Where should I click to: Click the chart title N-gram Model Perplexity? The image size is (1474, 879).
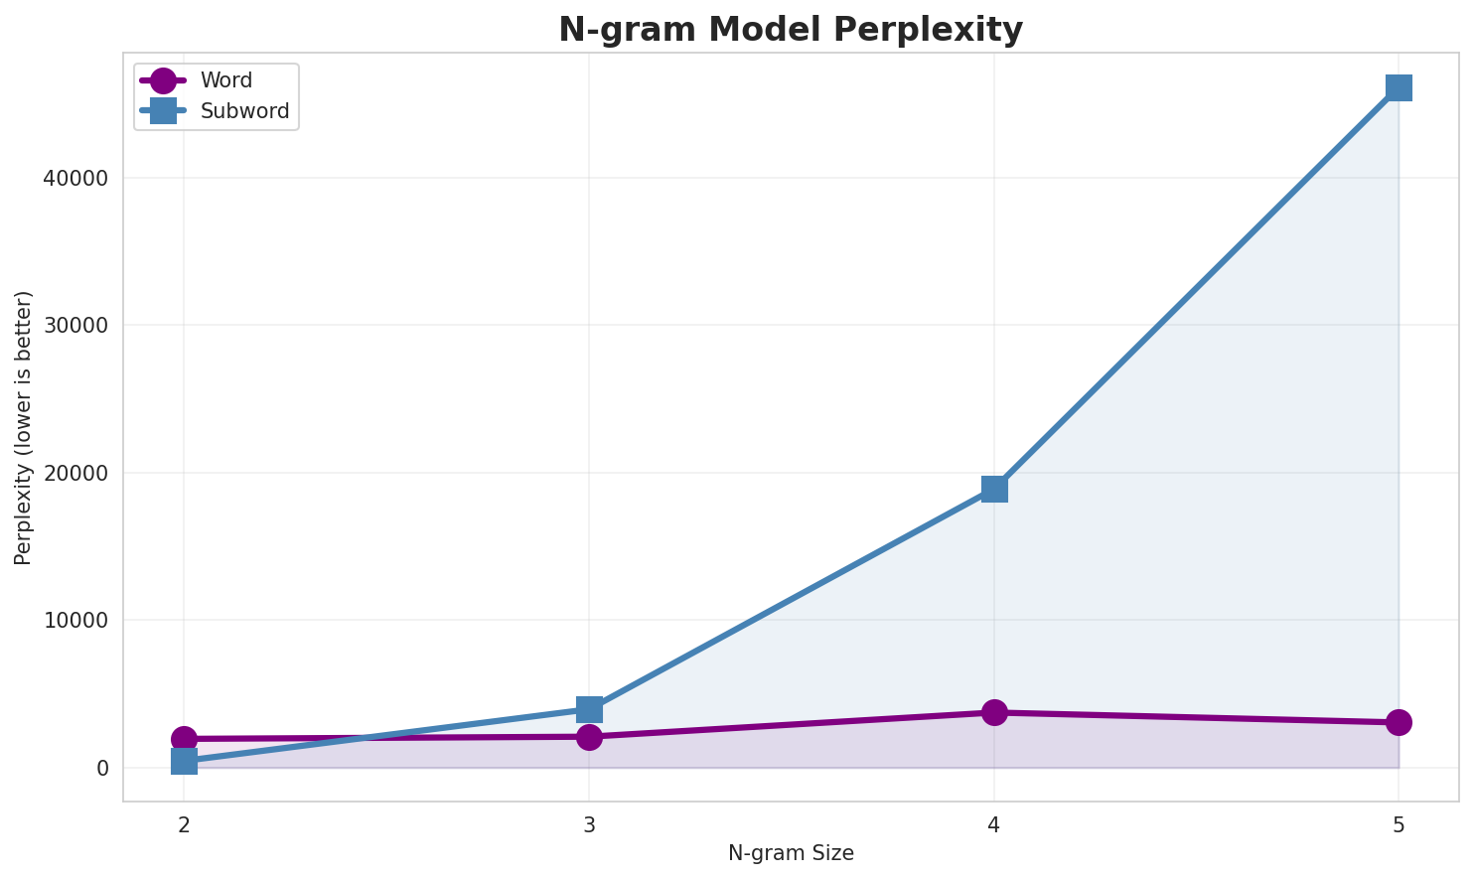tap(790, 30)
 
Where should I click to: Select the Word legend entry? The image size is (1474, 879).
tap(225, 80)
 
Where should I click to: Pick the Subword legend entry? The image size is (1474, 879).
tap(244, 111)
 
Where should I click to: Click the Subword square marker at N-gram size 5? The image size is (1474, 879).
tap(1399, 87)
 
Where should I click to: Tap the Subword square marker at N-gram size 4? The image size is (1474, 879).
tap(994, 489)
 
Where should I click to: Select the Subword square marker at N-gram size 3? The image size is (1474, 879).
tap(589, 709)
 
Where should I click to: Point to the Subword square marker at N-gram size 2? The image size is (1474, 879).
tap(184, 762)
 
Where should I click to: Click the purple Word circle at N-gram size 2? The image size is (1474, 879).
tap(184, 739)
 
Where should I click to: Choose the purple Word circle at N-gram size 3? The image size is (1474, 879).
tap(589, 737)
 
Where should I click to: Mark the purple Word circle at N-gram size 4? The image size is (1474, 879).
tap(994, 712)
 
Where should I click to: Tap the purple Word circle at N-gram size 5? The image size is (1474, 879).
tap(1399, 722)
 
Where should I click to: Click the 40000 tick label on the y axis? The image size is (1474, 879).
tap(75, 179)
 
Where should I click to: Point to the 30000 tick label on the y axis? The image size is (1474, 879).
tap(75, 326)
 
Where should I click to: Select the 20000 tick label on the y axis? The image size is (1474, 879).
tap(75, 473)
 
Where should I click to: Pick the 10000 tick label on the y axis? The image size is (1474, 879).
tap(75, 621)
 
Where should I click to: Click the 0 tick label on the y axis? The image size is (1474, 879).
tap(102, 768)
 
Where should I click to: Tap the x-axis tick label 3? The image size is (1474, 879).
tap(589, 824)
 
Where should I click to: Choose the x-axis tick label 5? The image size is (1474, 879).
tap(1399, 824)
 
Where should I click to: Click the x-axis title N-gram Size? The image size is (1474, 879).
tap(791, 853)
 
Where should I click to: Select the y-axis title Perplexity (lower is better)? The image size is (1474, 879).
tap(24, 427)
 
